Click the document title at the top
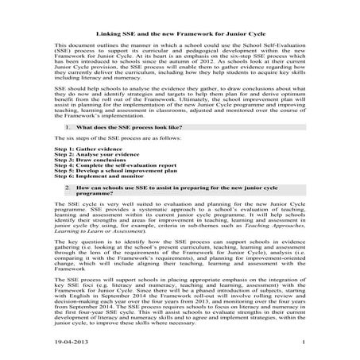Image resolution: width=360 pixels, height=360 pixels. tap(180, 36)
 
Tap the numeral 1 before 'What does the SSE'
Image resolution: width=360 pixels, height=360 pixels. tap(62, 127)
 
